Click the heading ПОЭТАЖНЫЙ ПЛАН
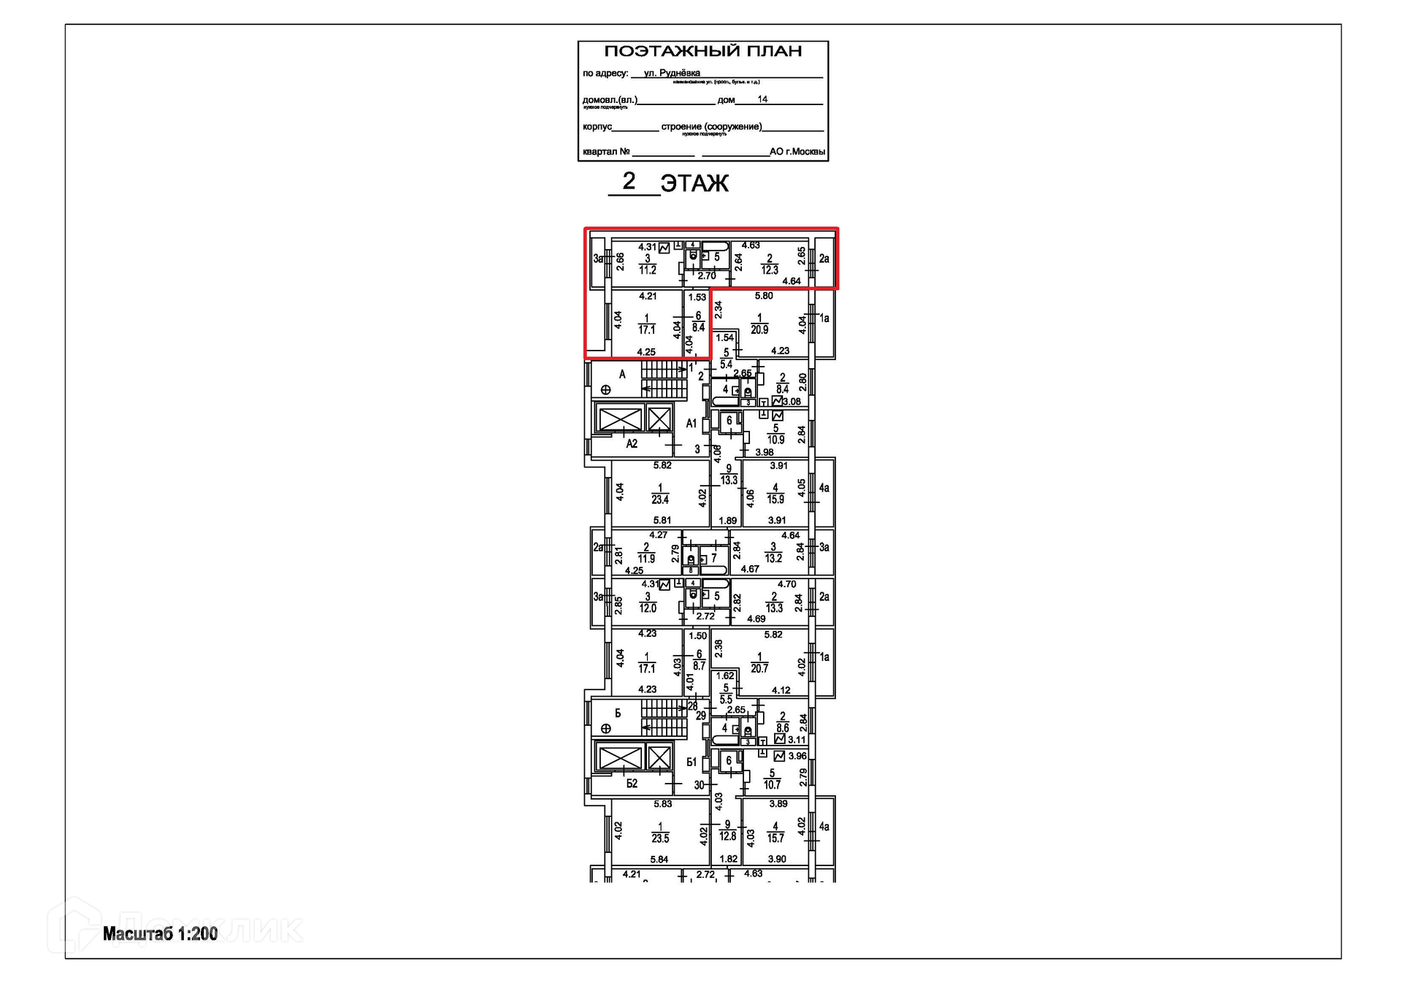pos(702,51)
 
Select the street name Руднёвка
pos(679,73)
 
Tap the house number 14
pos(762,99)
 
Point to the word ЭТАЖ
pos(694,183)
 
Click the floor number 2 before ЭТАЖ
pos(629,180)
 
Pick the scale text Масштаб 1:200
pos(160,934)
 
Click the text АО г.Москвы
pos(797,152)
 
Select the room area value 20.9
pos(759,330)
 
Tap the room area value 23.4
pos(660,500)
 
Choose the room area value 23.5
pos(660,839)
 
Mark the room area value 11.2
pos(648,270)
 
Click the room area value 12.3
pos(770,270)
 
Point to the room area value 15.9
pos(775,500)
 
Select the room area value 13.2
pos(773,559)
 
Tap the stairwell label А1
pos(692,424)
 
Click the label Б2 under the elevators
pos(632,784)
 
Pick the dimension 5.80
pos(764,296)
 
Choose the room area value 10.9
pos(775,440)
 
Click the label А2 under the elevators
pos(632,444)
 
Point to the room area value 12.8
pos(727,836)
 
